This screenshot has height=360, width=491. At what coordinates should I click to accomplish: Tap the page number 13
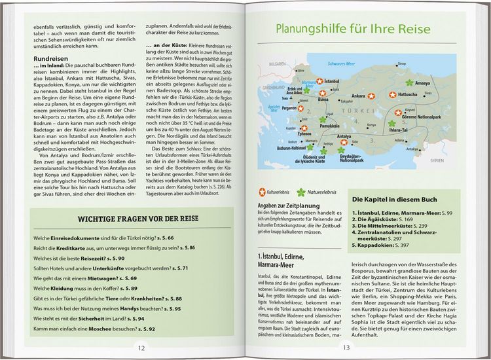346,348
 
